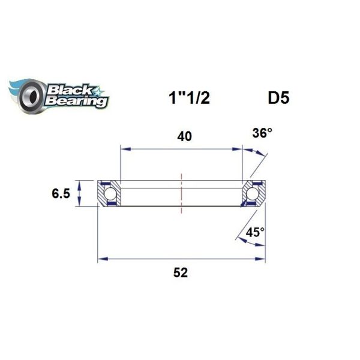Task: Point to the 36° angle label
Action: (262, 133)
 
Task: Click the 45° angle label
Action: (254, 232)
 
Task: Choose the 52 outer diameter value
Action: (181, 272)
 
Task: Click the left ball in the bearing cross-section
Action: (110, 193)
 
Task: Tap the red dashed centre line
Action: (181, 192)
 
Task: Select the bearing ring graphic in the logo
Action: (30, 96)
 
